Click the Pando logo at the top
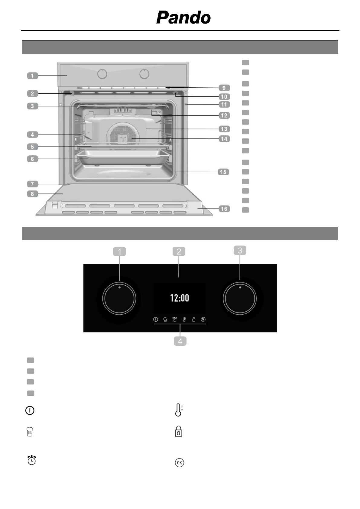183,18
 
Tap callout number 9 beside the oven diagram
224,88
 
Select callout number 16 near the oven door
224,209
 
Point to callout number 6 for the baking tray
33,159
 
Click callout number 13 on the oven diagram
224,129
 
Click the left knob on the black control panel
119,298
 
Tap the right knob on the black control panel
240,298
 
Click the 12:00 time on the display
180,298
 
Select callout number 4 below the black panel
180,341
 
